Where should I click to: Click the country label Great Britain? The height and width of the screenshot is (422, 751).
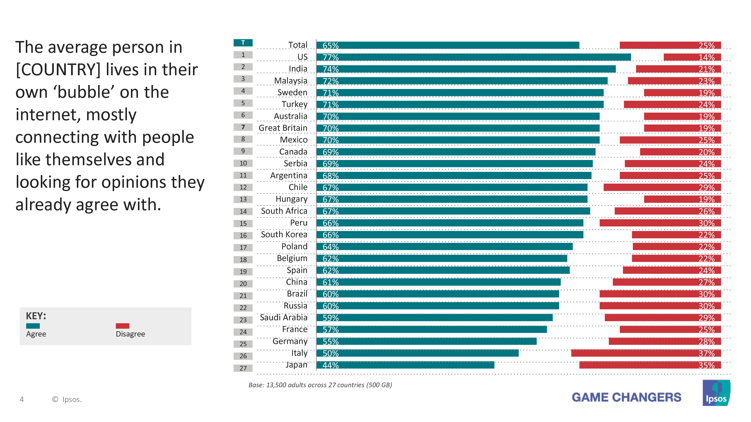point(283,128)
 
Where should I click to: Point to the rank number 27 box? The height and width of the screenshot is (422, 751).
point(243,368)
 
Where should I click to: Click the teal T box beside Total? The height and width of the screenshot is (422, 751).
point(243,43)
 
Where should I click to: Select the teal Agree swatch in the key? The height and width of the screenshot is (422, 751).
point(33,326)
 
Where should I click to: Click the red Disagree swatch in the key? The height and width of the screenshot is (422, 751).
point(122,326)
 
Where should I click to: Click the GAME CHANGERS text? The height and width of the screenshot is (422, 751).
point(626,397)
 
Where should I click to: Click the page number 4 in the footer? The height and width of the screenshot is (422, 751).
point(22,399)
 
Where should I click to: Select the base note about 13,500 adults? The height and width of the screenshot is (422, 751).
point(320,385)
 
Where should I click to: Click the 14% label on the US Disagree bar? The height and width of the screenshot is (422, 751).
point(706,57)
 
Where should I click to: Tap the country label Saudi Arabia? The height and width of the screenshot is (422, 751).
point(283,317)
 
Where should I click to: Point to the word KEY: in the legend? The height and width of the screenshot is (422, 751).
point(36,316)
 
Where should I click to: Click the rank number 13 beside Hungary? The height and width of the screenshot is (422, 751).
point(243,199)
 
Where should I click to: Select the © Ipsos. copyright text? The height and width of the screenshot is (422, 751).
point(67,399)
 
